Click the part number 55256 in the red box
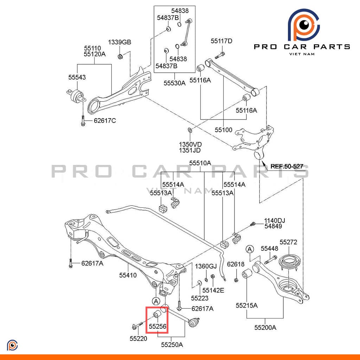coord(157,326)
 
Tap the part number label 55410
coord(128,275)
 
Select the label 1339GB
coord(120,42)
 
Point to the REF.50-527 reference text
coord(287,166)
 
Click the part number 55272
coord(288,242)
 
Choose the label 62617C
coord(105,121)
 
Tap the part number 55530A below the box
coord(174,83)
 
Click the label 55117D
coord(221,41)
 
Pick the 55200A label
coord(265,328)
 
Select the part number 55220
coord(139,339)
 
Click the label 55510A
coord(200,163)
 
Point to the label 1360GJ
coord(206,266)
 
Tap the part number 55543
coord(77,77)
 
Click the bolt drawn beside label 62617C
coord(83,121)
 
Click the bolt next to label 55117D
coord(220,55)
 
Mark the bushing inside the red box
coord(157,314)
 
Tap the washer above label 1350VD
coord(190,130)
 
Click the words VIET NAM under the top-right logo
coord(302,54)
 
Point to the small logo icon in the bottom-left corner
coord(12,345)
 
